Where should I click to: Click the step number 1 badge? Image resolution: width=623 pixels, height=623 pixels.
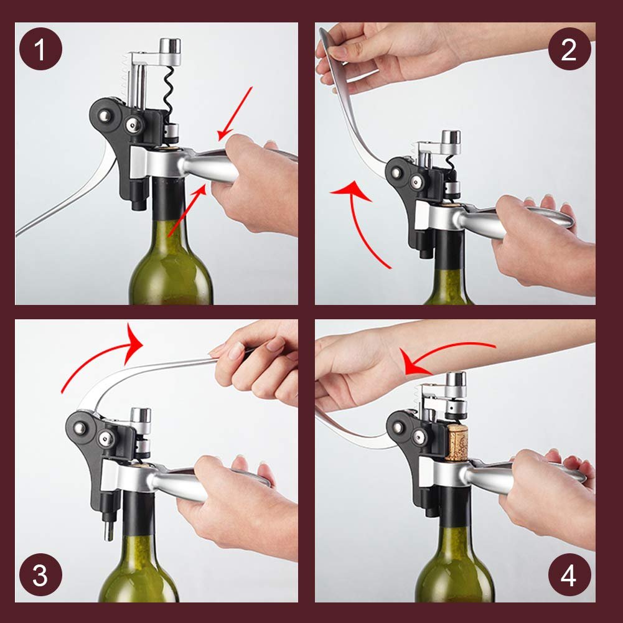(x=40, y=49)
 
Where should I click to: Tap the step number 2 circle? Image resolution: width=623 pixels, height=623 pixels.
(x=569, y=49)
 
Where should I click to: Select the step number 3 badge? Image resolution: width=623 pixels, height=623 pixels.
(x=40, y=574)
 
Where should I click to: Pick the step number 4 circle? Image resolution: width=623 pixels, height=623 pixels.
(x=569, y=574)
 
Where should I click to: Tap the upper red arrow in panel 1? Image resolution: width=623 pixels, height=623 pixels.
(x=235, y=114)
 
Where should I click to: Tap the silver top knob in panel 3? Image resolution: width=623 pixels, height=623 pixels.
(x=141, y=415)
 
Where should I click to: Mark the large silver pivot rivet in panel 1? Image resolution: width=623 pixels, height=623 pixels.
(x=105, y=116)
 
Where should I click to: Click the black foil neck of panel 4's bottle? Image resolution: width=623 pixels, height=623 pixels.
(x=456, y=505)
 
